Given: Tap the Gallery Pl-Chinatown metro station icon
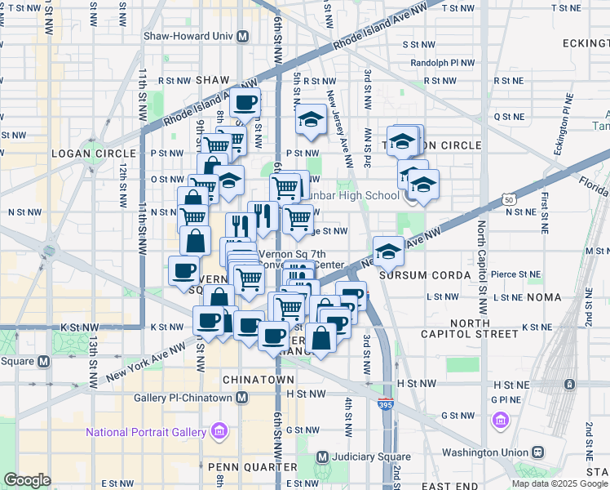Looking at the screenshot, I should click(241, 397).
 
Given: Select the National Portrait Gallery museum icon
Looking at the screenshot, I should click(219, 430).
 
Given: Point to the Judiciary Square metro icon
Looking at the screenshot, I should click(322, 457).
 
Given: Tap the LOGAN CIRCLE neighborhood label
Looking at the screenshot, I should click(92, 154).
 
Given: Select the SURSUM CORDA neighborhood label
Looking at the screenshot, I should click(432, 275).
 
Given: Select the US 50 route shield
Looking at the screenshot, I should click(508, 198).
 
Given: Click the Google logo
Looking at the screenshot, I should click(27, 479).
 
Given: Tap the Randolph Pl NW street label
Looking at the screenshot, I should click(443, 62).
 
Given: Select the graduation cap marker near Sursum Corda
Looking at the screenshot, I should click(389, 251).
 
